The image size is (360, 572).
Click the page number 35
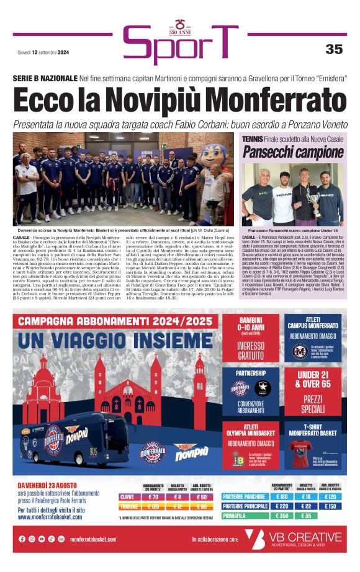[x=334, y=49]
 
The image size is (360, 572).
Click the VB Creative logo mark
[x=254, y=538]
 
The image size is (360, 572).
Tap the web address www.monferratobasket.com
[x=50, y=517]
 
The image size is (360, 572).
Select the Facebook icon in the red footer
[x=22, y=539]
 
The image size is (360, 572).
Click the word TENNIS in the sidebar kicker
[x=253, y=140]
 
